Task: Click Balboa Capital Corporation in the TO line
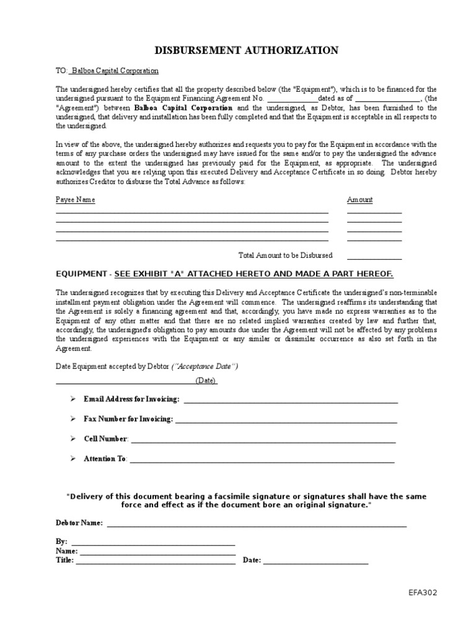point(115,71)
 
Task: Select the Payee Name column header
point(75,200)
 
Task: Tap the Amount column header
point(359,200)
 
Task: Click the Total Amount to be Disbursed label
point(286,255)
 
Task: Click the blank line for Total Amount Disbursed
point(374,257)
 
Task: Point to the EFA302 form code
point(422,592)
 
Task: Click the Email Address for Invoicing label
point(131,399)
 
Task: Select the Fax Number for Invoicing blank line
point(286,422)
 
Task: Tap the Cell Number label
point(105,438)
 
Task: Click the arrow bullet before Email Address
point(73,399)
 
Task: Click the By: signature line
point(153,544)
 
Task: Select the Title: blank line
point(155,563)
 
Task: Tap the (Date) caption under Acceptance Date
point(205,380)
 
